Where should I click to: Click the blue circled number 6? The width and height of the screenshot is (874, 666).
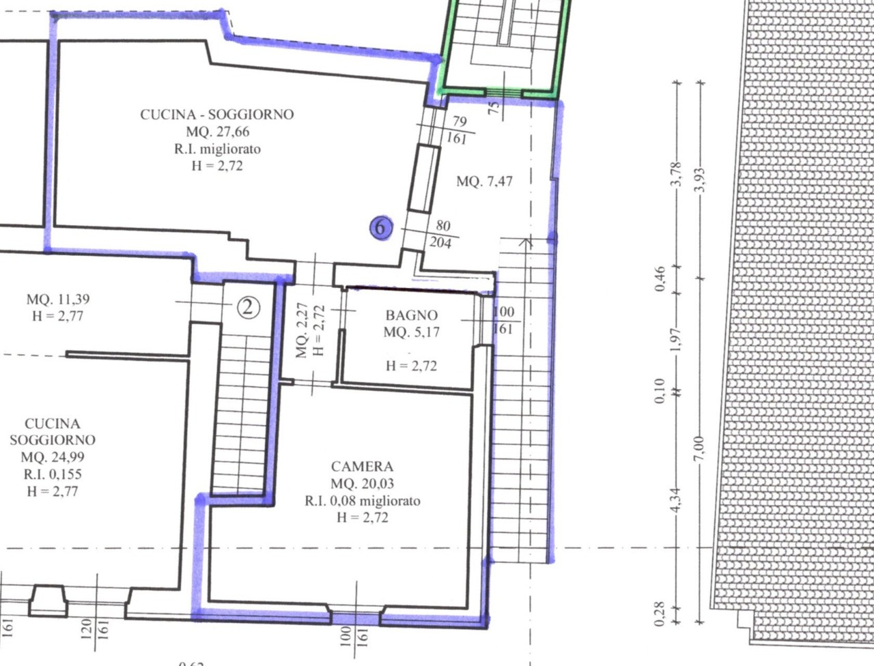tap(381, 229)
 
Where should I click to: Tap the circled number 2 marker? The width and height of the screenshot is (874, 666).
tap(248, 308)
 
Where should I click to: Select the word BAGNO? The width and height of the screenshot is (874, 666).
tap(412, 315)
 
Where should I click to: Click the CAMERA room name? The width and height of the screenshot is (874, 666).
tap(362, 466)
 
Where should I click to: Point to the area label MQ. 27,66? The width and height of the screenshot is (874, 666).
tap(218, 132)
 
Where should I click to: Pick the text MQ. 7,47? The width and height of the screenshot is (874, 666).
tap(485, 182)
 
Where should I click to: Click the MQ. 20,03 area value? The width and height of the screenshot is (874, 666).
tap(363, 483)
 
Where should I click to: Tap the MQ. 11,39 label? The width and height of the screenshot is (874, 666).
tap(58, 299)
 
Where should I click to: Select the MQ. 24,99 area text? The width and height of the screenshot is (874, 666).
tap(53, 457)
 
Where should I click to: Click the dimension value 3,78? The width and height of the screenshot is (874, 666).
tap(676, 174)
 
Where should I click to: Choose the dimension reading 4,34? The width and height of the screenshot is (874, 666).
tap(676, 500)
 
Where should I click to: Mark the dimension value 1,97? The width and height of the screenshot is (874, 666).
tap(676, 340)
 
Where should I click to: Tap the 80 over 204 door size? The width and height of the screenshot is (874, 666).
tap(441, 234)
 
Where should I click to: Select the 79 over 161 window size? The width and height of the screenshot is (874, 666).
tap(458, 130)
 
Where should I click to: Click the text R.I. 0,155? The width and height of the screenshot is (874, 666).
tap(53, 474)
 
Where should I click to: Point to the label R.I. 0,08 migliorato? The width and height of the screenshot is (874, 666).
tap(363, 500)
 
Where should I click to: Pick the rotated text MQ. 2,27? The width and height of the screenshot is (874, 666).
tap(302, 331)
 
